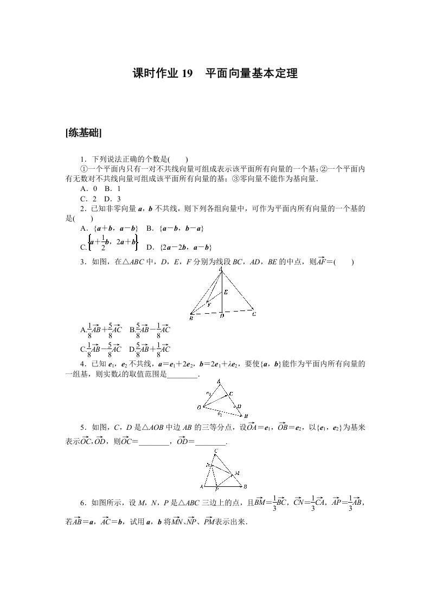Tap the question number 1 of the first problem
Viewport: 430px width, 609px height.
point(82,159)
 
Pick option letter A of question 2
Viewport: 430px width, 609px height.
point(83,229)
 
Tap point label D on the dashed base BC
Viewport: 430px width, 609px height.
point(222,316)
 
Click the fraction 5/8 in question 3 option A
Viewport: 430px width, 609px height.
point(110,329)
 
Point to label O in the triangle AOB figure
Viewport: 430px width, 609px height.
point(199,407)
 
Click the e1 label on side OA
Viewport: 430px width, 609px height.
point(208,392)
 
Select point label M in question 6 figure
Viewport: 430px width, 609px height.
point(238,473)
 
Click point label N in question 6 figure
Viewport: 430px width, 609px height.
point(207,465)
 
